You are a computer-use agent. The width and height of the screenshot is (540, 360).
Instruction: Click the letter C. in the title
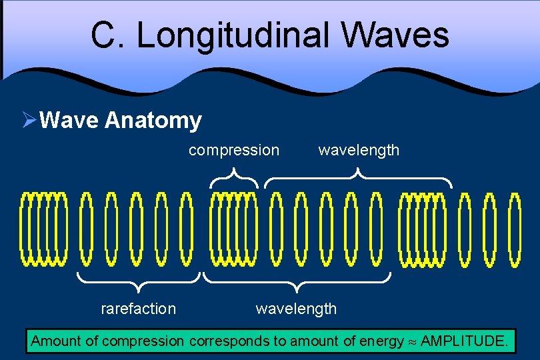[109, 35]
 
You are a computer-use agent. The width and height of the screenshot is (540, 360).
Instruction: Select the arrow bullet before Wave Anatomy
[29, 121]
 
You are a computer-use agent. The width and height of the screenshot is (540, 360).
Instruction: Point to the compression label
[234, 150]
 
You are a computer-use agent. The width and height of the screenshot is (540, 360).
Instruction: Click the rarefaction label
[138, 309]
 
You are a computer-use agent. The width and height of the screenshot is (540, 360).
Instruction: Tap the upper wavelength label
[359, 150]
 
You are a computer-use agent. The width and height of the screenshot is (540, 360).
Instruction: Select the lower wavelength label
[296, 309]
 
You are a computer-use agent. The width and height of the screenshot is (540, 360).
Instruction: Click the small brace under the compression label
[234, 177]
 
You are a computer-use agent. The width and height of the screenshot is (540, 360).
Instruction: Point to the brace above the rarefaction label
[138, 282]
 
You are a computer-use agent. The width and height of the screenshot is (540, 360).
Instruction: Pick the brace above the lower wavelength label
[297, 282]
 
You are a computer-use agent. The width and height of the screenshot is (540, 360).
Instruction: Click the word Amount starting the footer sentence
[55, 342]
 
